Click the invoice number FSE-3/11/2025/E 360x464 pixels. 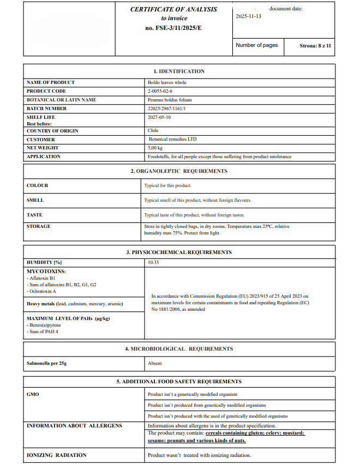[173, 28]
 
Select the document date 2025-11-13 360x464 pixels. [248, 16]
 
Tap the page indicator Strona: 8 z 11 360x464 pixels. [315, 46]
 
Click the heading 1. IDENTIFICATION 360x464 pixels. [179, 71]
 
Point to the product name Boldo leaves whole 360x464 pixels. [167, 82]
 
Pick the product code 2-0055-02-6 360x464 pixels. [160, 91]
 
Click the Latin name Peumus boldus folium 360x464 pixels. [170, 100]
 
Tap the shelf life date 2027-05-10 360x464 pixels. [159, 117]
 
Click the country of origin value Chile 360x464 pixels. [153, 131]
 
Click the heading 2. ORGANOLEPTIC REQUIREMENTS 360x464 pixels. [179, 171]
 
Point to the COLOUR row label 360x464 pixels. [38, 185]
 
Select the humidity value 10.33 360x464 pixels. [153, 262]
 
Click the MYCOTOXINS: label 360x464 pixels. [46, 271]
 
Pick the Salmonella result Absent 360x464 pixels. [155, 363]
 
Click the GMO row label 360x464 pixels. [33, 394]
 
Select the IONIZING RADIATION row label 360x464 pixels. [57, 455]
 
